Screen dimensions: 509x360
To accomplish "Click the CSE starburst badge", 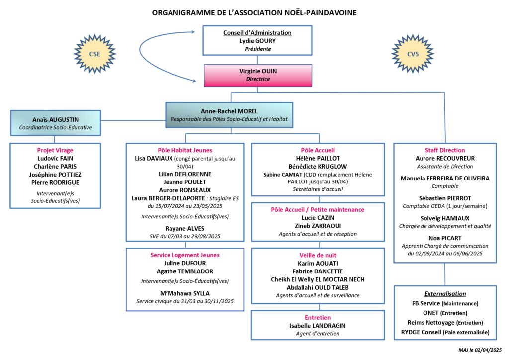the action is (95, 54).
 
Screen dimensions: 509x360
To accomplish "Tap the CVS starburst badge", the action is (413, 54).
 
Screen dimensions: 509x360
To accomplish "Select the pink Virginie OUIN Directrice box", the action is (258, 75).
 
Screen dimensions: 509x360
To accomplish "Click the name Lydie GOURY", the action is (257, 41).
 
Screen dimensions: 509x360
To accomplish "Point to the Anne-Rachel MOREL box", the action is (229, 115).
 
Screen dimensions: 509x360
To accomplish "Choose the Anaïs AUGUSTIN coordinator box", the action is (56, 123).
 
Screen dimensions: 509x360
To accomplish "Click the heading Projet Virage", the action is (55, 150).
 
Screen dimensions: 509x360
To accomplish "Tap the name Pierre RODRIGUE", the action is (55, 183).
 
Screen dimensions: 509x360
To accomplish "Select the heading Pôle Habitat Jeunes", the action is (185, 150).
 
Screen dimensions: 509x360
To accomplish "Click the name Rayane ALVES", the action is (185, 229).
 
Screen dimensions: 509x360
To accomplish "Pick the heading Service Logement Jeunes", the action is (185, 255).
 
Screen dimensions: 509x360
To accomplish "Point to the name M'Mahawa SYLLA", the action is (185, 293).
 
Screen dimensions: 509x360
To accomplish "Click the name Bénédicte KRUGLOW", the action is (318, 167).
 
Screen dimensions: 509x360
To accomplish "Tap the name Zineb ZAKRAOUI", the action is (318, 226).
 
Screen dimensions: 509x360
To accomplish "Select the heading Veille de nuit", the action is (318, 256).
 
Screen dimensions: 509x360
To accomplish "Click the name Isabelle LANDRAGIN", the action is (318, 326).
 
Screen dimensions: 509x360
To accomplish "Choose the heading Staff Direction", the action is (445, 150).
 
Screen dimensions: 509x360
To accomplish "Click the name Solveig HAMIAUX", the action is (445, 218).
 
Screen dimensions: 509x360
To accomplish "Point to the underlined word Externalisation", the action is (445, 294).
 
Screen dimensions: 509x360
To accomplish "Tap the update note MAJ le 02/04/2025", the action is (480, 350).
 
